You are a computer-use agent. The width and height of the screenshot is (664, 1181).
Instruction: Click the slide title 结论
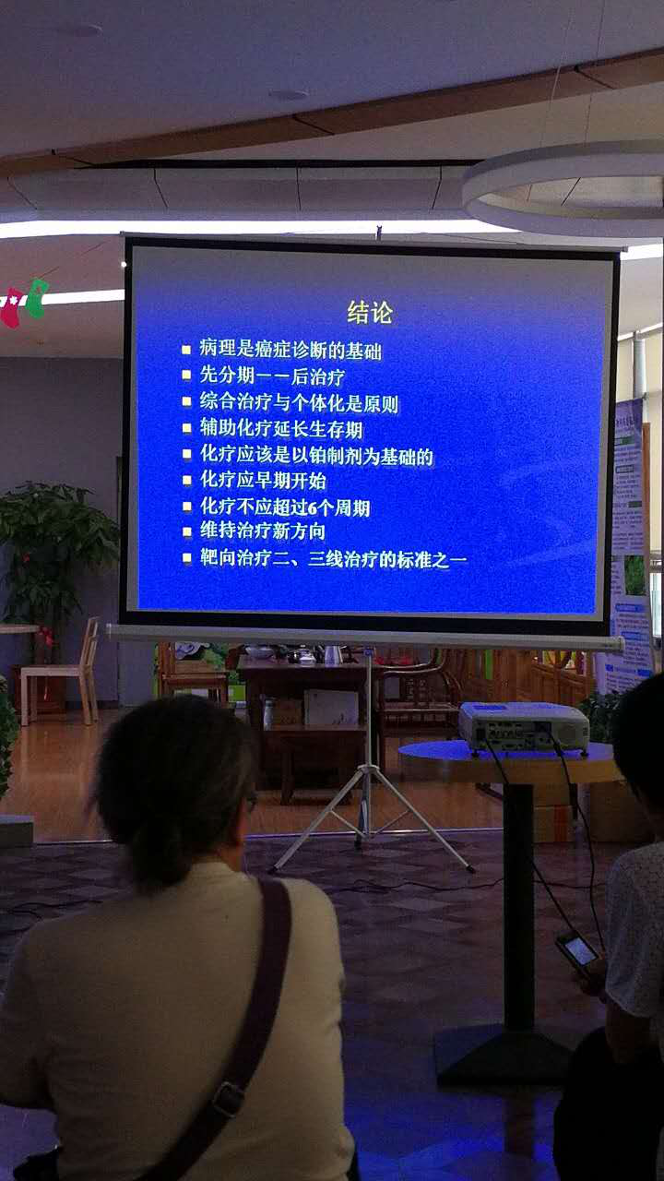click(370, 313)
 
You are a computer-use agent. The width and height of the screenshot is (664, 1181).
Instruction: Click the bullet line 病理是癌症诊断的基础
click(290, 351)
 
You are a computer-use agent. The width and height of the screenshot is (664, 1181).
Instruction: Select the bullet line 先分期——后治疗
click(272, 376)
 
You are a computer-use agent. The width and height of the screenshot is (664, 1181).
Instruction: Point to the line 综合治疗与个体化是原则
click(299, 403)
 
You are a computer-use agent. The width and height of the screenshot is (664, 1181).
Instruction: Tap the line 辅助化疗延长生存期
click(281, 429)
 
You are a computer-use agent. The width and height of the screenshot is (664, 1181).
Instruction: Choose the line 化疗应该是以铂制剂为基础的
click(316, 456)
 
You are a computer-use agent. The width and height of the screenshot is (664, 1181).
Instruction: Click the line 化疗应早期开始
click(263, 481)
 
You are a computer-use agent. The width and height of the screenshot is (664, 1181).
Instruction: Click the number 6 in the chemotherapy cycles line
click(329, 507)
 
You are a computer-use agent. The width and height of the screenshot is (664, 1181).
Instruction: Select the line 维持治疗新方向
click(263, 532)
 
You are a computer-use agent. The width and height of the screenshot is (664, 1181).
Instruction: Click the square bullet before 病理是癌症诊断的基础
click(186, 351)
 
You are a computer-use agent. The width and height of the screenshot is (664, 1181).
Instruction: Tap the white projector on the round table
click(523, 725)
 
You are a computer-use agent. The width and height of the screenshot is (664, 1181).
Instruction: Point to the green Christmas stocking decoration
click(36, 297)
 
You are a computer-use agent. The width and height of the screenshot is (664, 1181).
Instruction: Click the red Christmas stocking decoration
click(11, 307)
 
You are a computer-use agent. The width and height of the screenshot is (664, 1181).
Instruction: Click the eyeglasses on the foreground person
click(250, 803)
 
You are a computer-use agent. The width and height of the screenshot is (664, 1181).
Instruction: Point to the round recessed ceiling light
click(288, 94)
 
